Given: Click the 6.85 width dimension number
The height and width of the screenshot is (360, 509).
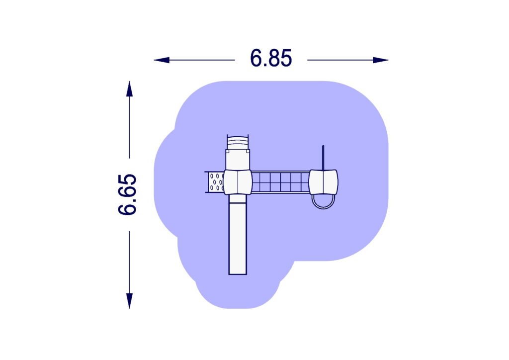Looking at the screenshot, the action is coord(271,58).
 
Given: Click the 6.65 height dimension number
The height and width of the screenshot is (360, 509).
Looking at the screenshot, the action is coord(127,195).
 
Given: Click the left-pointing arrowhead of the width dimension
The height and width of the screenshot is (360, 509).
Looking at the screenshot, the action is coord(162,60).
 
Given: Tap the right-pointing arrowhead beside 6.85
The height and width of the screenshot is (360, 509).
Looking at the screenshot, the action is coord(380,60).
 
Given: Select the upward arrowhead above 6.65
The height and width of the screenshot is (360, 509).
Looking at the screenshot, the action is coord(129,89).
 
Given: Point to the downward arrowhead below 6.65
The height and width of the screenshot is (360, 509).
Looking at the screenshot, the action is coord(129,301).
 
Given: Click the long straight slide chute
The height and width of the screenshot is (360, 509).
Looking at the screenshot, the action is coord(238,234).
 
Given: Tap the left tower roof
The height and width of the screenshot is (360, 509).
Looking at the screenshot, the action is coord(238,182).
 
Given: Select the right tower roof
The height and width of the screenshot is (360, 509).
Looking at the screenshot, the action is coord(323,182).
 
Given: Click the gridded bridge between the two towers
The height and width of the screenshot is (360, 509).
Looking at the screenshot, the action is coord(280,182).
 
